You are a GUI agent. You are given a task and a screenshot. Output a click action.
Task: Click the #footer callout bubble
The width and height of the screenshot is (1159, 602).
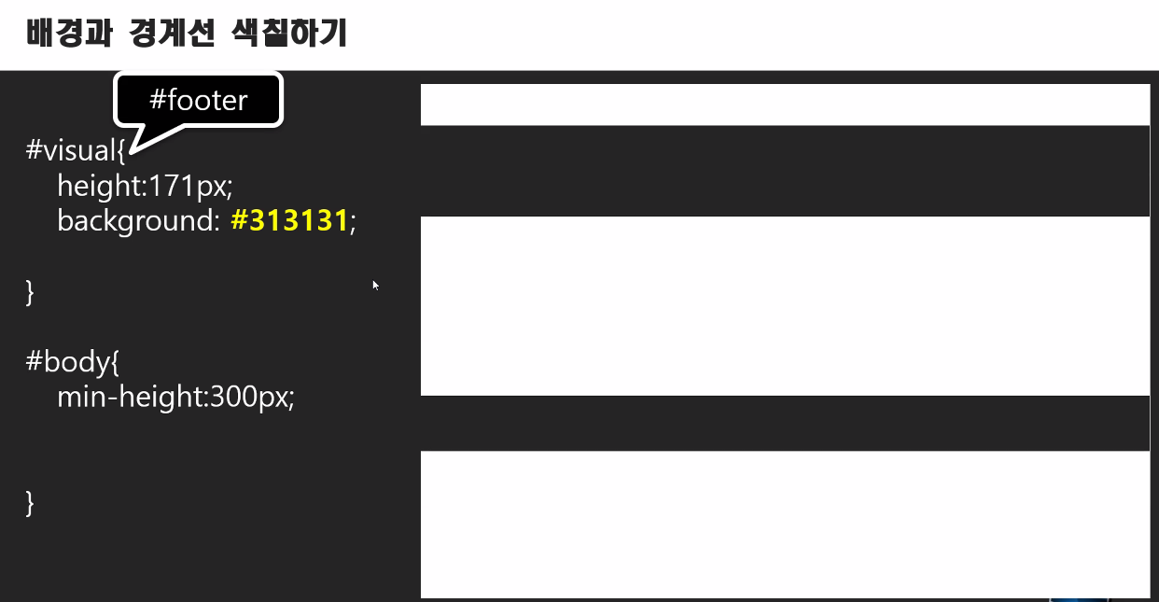pos(198,99)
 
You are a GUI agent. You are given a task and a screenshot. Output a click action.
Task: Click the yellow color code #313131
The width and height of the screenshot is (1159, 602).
pos(288,221)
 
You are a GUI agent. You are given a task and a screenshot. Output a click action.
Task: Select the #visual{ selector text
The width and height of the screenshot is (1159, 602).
pos(75,150)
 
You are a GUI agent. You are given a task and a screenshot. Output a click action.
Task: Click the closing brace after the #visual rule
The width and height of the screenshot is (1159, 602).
pos(30,291)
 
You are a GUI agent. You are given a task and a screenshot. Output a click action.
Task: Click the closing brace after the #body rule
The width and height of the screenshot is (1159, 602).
pos(30,502)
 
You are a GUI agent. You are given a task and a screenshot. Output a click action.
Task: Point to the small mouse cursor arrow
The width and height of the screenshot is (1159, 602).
pos(374,284)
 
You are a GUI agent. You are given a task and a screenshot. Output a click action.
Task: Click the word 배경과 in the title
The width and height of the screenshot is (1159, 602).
pos(69,34)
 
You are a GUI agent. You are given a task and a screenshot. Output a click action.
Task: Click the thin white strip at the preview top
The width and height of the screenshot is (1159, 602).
pos(784,104)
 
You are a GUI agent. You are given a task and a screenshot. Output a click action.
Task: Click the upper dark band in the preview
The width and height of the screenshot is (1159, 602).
pos(784,171)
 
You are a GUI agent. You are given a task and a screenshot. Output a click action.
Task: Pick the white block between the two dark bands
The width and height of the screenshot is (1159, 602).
pos(784,305)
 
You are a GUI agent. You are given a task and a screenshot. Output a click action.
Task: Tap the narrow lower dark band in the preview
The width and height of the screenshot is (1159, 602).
pos(784,423)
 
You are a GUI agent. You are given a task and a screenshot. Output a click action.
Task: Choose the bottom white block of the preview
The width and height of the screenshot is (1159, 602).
pos(784,523)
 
